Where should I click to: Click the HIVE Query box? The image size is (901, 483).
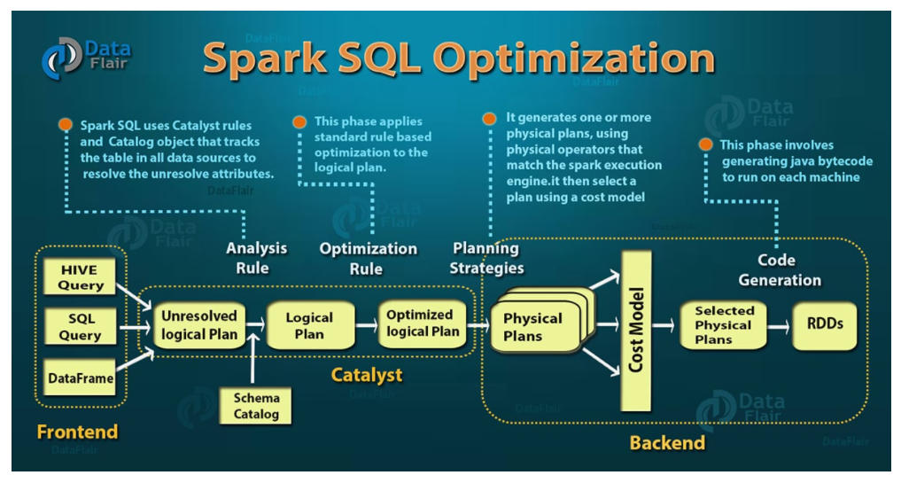81,277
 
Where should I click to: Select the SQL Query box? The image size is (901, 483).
81,326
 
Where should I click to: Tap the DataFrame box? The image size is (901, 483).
81,378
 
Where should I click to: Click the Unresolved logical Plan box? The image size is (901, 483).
199,325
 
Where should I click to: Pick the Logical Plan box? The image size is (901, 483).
309,325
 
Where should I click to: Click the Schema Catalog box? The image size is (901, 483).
257,405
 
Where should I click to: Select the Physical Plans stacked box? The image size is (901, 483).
534,326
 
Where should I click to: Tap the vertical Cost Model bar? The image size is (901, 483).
634,330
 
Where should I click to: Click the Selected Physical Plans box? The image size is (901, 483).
724,325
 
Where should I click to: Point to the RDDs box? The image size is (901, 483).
825,324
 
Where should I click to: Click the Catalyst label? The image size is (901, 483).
367,375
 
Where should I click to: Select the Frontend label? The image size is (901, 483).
77,432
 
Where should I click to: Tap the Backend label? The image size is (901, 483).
667,442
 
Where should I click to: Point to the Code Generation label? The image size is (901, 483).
780,269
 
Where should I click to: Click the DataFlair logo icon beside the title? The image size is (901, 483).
61,58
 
